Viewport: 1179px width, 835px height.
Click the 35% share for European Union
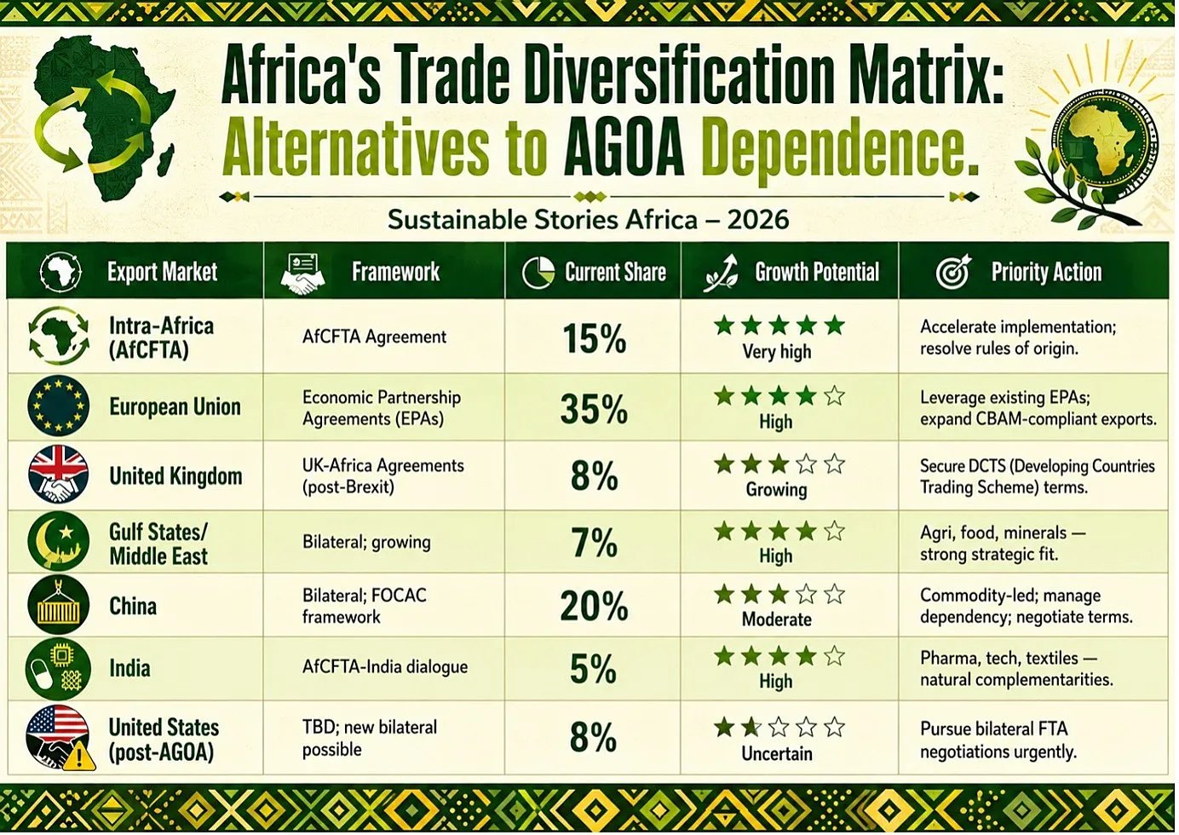tap(594, 410)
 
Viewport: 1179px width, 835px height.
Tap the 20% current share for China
tap(594, 606)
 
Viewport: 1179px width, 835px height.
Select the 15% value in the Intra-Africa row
tap(595, 338)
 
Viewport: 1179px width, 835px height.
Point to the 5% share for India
tap(593, 669)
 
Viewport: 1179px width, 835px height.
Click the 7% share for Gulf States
tap(595, 543)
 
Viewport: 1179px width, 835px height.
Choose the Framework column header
tap(396, 272)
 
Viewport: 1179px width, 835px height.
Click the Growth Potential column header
tap(817, 272)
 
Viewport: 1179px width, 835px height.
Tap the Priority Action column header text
tap(1046, 272)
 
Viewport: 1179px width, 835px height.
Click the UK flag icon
tap(59, 475)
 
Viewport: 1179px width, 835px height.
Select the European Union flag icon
tap(59, 406)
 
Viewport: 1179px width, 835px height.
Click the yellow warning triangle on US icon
tap(79, 756)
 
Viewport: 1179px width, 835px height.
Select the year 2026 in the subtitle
tap(758, 220)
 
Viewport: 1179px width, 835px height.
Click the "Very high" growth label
tap(776, 351)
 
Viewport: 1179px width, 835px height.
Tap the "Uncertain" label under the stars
tap(776, 753)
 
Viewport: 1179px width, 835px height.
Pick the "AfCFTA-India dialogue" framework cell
tap(385, 667)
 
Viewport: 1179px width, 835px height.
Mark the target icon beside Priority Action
tap(953, 272)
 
